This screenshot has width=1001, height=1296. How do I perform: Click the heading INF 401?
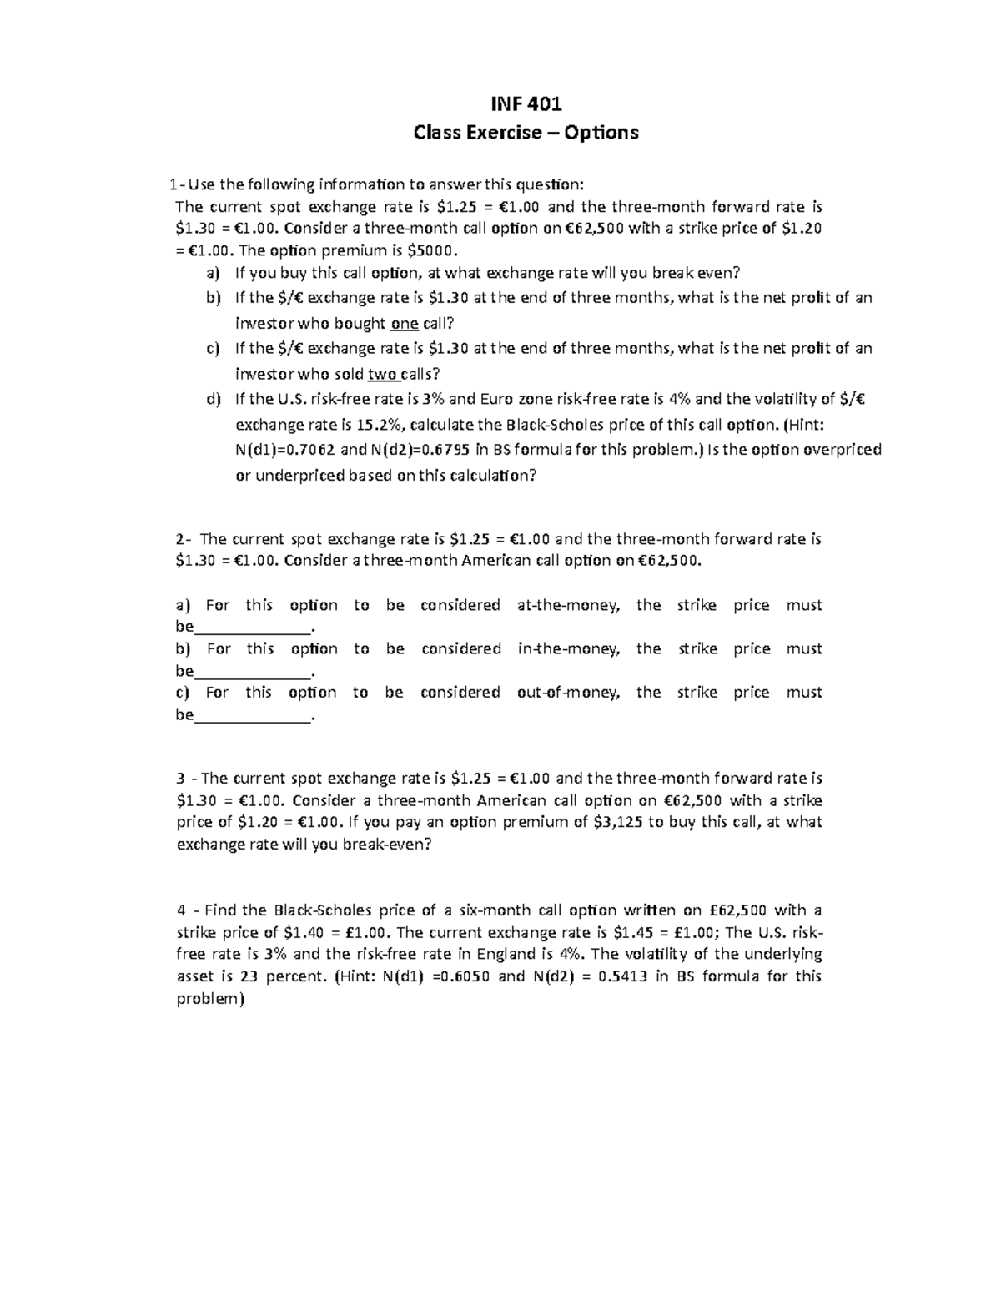pyautogui.click(x=526, y=103)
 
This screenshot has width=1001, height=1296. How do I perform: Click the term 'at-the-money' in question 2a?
pyautogui.click(x=568, y=605)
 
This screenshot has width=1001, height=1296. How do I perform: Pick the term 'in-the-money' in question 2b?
pyautogui.click(x=568, y=648)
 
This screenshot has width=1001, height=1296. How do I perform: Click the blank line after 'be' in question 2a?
pyautogui.click(x=251, y=628)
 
